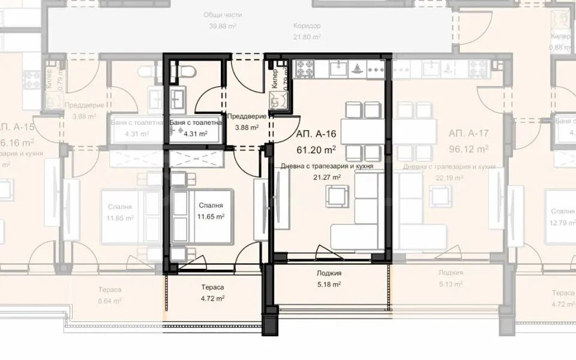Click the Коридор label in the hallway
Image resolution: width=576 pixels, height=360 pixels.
307,26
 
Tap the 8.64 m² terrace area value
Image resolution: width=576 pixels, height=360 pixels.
110,301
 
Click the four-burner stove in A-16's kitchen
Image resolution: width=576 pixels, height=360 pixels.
302,68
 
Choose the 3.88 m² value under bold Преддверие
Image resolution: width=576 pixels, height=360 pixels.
247,127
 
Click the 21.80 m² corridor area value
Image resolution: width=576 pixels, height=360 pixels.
307,37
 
